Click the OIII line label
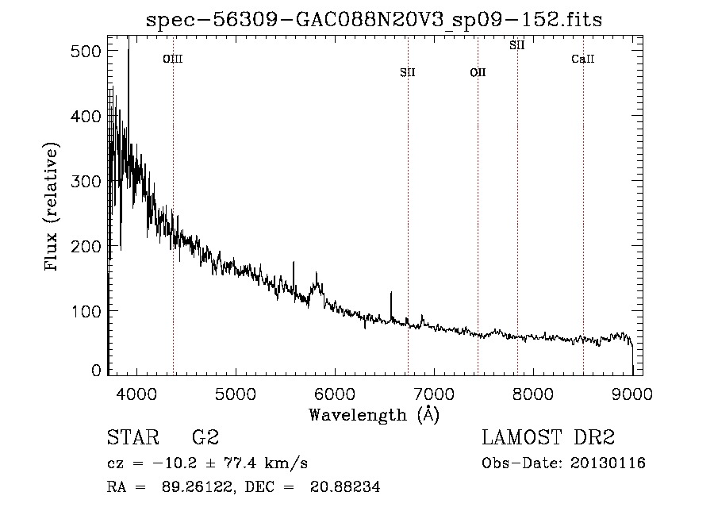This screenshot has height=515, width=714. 173,59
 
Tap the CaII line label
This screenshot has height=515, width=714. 583,59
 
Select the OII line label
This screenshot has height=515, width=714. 478,72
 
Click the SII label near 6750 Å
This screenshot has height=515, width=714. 408,72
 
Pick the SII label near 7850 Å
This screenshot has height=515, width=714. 516,45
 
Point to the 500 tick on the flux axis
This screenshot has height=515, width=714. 86,51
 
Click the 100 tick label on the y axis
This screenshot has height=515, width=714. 86,311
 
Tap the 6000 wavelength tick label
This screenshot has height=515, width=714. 335,394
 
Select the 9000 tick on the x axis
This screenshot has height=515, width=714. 632,394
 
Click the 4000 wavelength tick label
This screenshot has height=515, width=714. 136,394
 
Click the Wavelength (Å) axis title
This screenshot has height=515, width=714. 374,415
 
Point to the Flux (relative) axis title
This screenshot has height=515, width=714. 51,206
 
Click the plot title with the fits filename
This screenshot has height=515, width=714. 374,20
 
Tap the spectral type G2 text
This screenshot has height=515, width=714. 205,437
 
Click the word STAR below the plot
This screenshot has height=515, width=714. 133,437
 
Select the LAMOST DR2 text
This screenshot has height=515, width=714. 548,437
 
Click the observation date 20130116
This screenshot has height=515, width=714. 608,463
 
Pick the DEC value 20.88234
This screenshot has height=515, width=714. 345,486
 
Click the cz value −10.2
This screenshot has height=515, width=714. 175,463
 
